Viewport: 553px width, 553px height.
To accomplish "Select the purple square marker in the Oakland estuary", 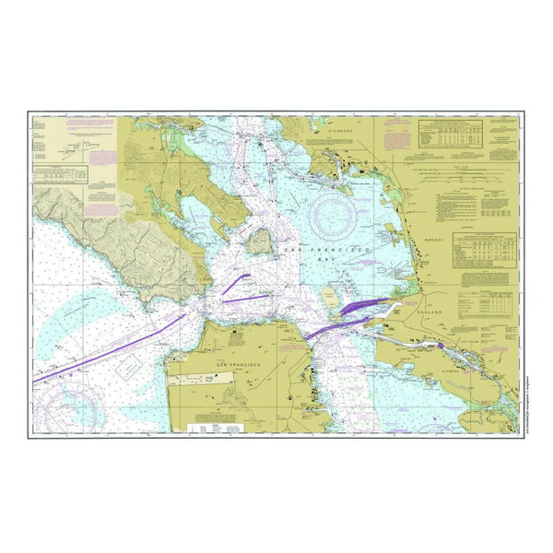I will tap(441, 346).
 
